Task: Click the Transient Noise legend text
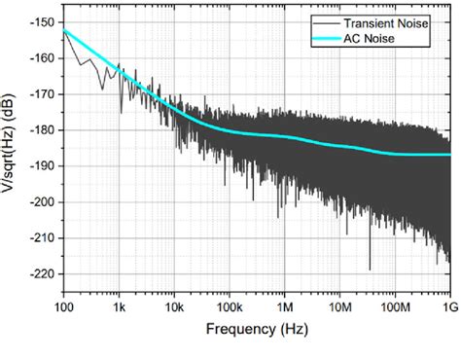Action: [402, 21]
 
